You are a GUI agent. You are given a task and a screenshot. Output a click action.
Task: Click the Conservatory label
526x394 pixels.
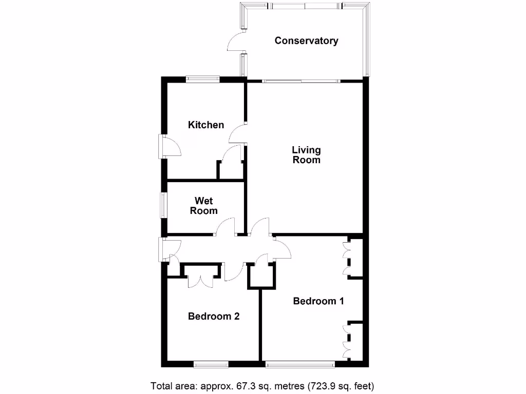tap(306, 41)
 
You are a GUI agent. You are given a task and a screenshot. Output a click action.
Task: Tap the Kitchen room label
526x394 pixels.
tap(206, 125)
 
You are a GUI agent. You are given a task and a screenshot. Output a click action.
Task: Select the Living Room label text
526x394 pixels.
tap(306, 155)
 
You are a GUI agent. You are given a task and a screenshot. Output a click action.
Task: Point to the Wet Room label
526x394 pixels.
tap(204, 206)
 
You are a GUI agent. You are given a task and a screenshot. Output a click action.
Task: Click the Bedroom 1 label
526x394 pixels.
tap(318, 301)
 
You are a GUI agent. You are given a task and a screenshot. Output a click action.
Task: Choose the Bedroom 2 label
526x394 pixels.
tap(214, 316)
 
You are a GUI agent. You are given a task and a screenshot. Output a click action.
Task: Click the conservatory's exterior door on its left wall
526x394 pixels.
tap(236, 43)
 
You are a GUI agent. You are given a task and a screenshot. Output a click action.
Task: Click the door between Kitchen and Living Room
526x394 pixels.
tap(237, 133)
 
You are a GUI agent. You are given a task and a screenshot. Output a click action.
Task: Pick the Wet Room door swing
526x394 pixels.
tap(225, 227)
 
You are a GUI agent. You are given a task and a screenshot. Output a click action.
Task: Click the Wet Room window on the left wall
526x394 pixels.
tap(163, 205)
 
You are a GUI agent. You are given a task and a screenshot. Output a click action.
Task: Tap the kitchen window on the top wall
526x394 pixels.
tap(203, 79)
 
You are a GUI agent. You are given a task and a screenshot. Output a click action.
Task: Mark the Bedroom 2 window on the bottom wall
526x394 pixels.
tap(211, 364)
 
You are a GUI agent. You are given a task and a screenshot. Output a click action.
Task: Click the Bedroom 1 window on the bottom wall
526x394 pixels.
tap(300, 364)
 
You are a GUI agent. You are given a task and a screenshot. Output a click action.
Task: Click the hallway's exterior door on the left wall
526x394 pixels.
tap(170, 250)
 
